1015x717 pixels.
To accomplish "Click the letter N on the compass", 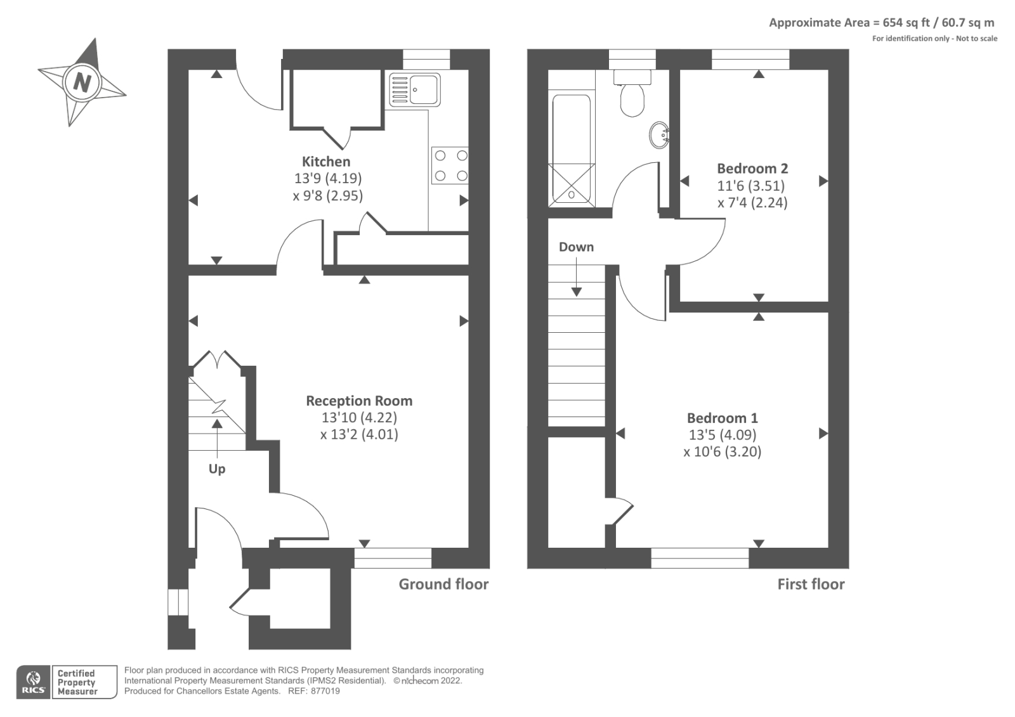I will [x=82, y=82].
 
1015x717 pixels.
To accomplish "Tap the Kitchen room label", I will [x=326, y=162].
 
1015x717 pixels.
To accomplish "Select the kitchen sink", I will [x=416, y=89].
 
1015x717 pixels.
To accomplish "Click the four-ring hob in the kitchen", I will [x=450, y=166].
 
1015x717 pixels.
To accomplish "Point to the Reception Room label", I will [x=359, y=401].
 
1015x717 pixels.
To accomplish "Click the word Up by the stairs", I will [x=217, y=469].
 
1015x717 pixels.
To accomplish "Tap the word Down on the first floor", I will [x=576, y=247].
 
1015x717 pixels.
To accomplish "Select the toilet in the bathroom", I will [x=632, y=95].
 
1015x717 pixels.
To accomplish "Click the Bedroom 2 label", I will [x=752, y=169].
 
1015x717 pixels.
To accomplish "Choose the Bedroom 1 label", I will [x=723, y=418].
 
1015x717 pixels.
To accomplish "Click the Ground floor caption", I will [x=443, y=585].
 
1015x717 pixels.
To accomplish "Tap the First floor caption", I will [x=811, y=585].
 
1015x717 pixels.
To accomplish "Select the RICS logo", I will [x=33, y=682].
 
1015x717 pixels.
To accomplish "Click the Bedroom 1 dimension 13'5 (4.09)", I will [x=723, y=435].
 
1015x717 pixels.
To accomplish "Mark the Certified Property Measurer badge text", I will [x=77, y=682].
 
